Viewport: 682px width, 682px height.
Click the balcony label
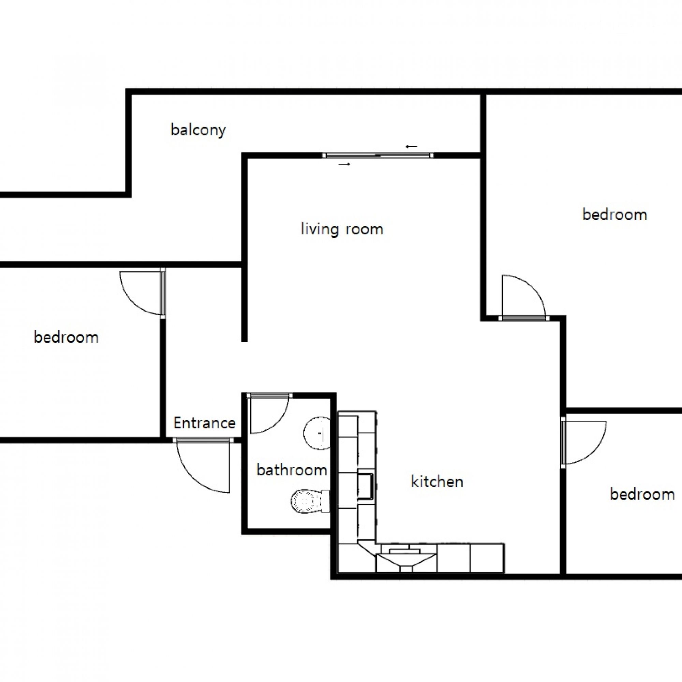coord(198,130)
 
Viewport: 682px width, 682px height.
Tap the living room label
coord(342,229)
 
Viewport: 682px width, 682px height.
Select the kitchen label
coord(437,481)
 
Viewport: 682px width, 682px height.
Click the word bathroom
coord(292,470)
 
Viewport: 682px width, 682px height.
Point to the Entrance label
coord(205,423)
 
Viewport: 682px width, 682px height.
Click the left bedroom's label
coord(66,337)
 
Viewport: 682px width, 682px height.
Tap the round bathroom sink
coord(317,433)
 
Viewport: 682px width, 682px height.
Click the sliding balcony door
coord(378,155)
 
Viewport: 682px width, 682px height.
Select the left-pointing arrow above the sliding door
coord(412,147)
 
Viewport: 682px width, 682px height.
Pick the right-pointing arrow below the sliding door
coord(344,164)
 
